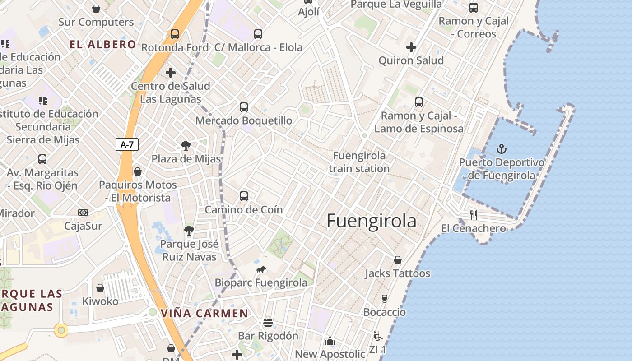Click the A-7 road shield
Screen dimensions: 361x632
point(127,144)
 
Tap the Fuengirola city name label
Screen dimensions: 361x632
point(371,221)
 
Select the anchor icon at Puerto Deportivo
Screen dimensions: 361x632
point(501,148)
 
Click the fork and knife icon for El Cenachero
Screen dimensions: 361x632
point(473,215)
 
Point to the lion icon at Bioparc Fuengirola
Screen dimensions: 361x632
point(261,270)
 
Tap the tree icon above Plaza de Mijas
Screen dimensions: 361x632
point(186,146)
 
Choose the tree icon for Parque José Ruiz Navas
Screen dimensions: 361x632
point(189,231)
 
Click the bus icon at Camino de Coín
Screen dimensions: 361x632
point(244,196)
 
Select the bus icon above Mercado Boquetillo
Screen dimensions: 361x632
point(244,107)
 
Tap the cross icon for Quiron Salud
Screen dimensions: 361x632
point(411,47)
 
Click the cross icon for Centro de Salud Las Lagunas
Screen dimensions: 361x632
point(171,72)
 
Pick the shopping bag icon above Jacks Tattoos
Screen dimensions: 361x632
point(398,260)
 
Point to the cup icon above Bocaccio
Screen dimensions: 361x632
point(385,298)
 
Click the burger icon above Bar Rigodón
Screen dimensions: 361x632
point(268,323)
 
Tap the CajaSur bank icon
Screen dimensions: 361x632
point(83,212)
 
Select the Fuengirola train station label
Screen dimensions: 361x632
point(359,162)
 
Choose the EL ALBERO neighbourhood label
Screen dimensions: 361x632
point(102,44)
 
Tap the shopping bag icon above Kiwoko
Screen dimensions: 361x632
point(100,288)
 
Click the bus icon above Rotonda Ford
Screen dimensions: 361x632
point(175,34)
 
